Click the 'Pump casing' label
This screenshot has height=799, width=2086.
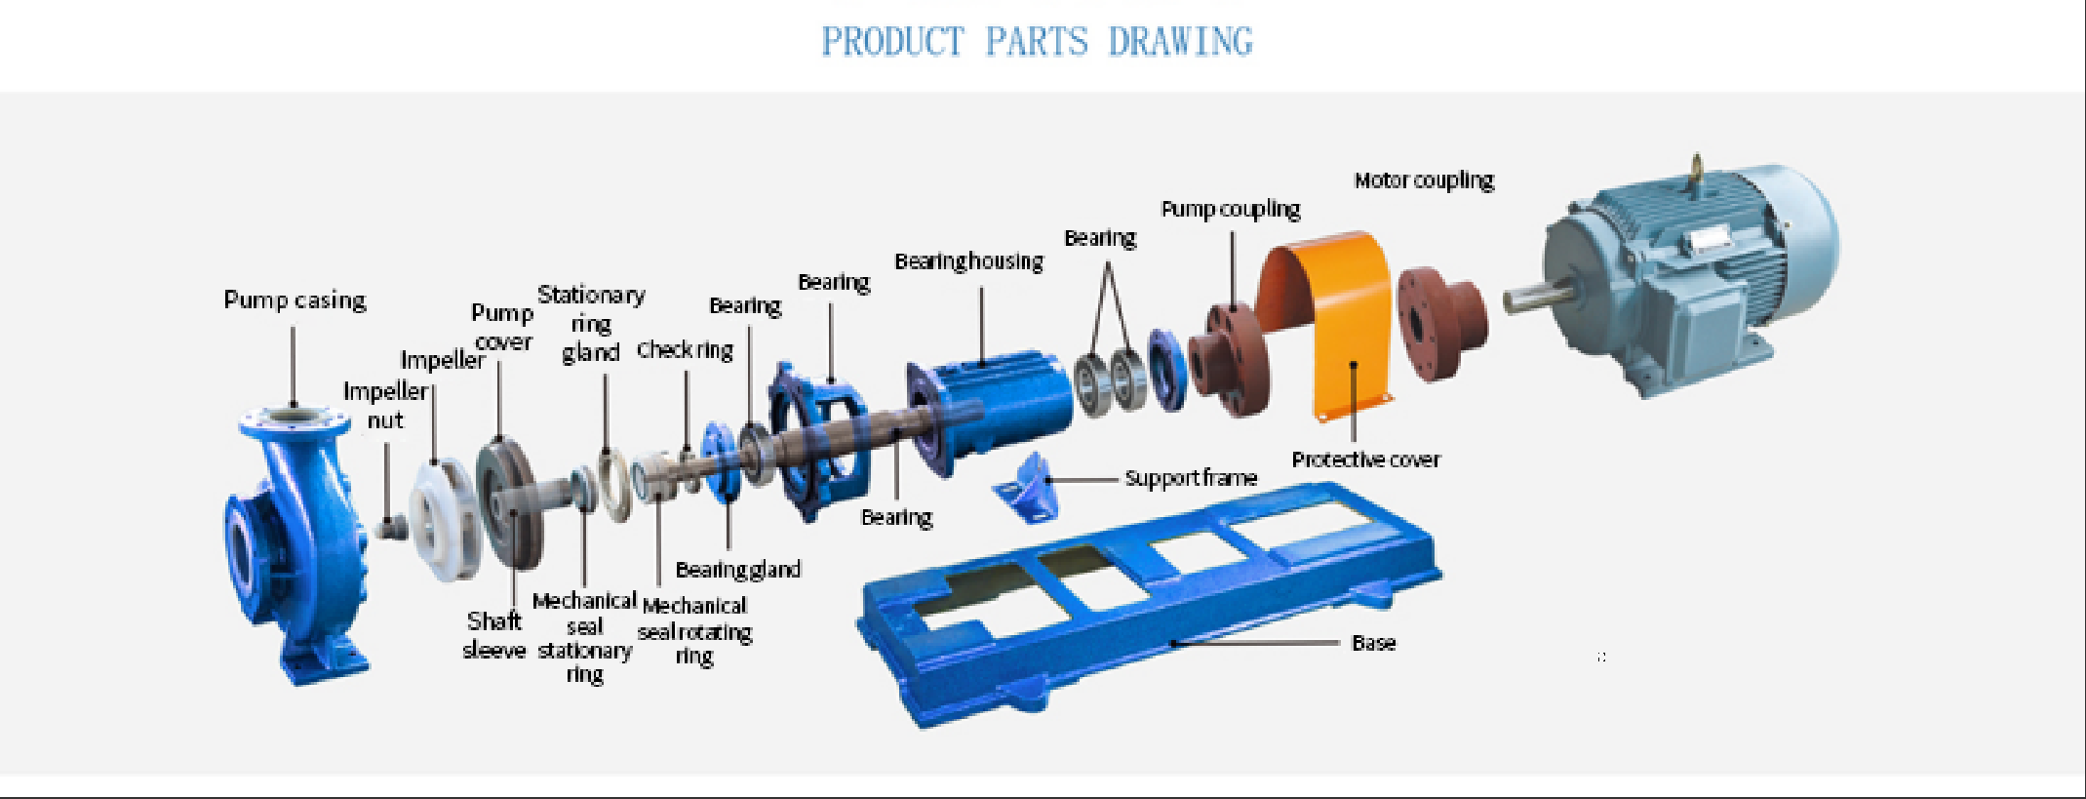click(x=295, y=300)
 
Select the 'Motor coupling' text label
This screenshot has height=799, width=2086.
click(x=1424, y=180)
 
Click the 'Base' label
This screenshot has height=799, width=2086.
click(x=1373, y=643)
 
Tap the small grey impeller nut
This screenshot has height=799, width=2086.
click(x=392, y=528)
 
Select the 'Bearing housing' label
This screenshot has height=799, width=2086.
click(x=968, y=261)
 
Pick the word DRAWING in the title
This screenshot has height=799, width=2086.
click(x=1180, y=42)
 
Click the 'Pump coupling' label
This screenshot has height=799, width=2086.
click(x=1230, y=209)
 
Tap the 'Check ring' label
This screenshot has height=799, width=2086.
click(x=685, y=349)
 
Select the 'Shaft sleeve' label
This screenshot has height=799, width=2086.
click(x=493, y=635)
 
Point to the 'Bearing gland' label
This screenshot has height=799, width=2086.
click(x=737, y=569)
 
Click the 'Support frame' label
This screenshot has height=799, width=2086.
click(x=1191, y=478)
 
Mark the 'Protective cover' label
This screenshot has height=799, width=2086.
click(x=1365, y=459)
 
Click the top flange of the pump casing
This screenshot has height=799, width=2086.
click(x=293, y=420)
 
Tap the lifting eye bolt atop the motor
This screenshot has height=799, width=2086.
click(x=1696, y=168)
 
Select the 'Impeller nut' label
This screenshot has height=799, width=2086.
click(x=385, y=405)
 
